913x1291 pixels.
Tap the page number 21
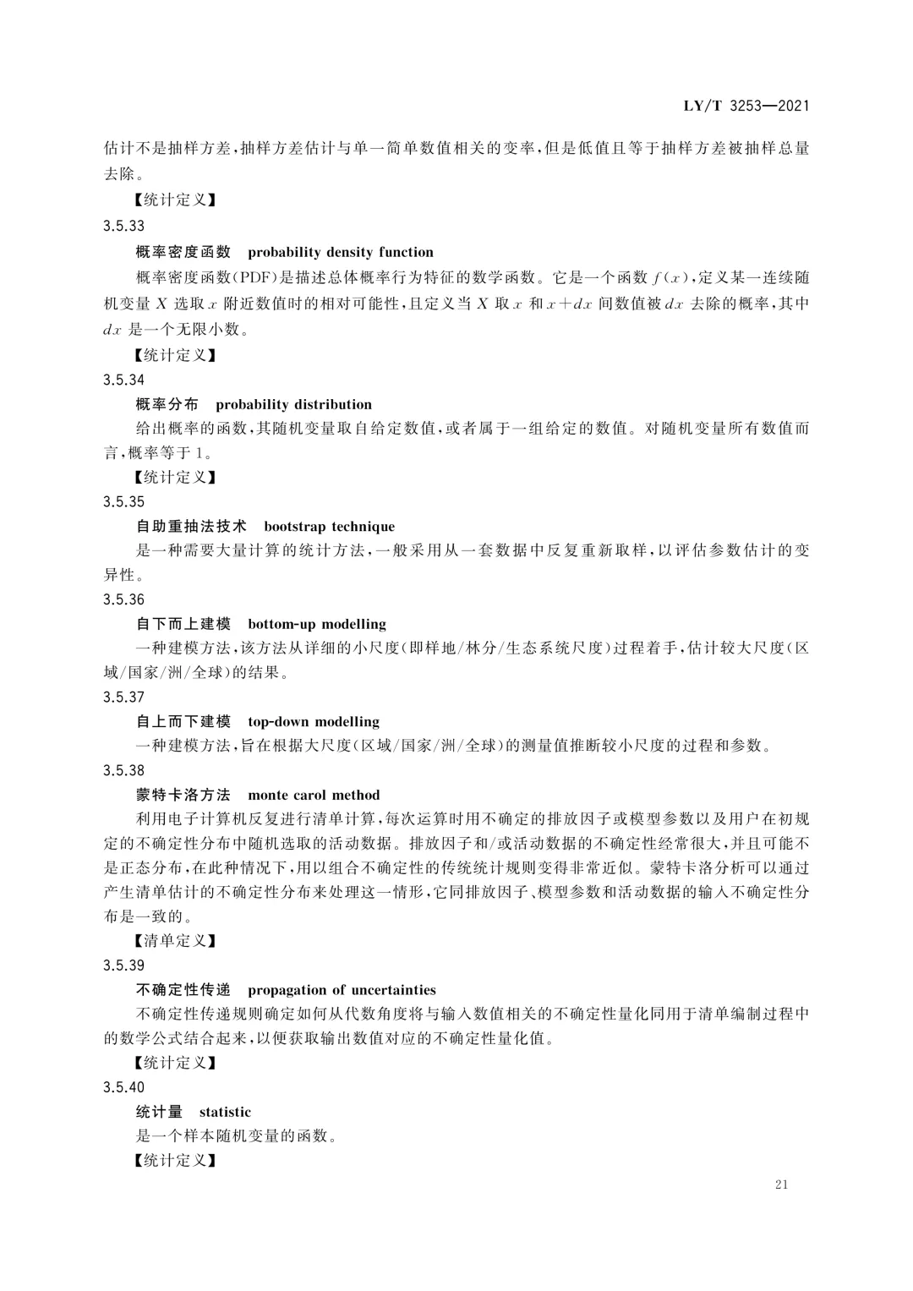click(780, 1184)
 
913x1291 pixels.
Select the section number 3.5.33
click(123, 226)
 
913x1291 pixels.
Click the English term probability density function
click(341, 252)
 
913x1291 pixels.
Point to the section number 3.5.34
click(123, 380)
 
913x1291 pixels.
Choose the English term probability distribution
click(293, 404)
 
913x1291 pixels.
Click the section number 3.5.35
click(123, 501)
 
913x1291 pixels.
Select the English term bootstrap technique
click(329, 526)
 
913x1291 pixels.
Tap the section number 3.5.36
click(123, 599)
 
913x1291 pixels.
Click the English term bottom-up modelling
click(317, 624)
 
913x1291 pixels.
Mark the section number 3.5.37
click(123, 697)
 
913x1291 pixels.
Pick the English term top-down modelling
click(314, 721)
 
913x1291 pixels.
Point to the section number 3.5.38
click(123, 770)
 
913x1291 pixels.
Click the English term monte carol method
click(314, 795)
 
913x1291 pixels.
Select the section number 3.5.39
click(123, 966)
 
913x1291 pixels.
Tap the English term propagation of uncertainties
click(342, 990)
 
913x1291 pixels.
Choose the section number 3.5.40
click(123, 1087)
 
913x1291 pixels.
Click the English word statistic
click(225, 1112)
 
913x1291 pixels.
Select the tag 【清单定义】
click(175, 940)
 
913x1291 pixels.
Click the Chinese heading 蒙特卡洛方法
click(183, 795)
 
